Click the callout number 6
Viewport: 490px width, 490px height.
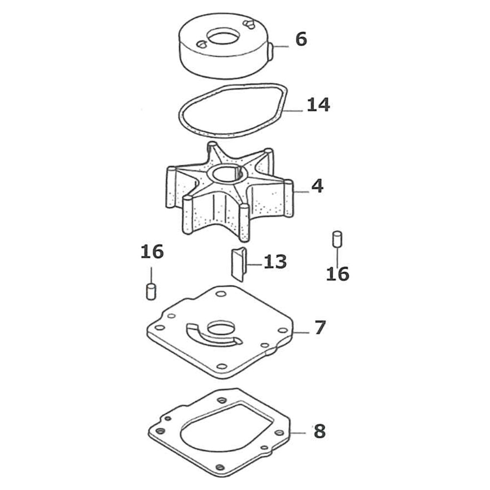[x=301, y=39]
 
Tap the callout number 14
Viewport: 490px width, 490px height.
[x=318, y=105]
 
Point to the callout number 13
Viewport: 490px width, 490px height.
[x=275, y=262]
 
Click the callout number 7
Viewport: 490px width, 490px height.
[x=319, y=327]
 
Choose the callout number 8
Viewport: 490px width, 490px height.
[x=319, y=431]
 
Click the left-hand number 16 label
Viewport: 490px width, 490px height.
[x=152, y=251]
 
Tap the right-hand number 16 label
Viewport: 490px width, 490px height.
[x=338, y=274]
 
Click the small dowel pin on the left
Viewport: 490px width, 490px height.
[x=151, y=291]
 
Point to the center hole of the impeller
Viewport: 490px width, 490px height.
[x=226, y=174]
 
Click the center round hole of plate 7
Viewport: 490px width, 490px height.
[x=220, y=328]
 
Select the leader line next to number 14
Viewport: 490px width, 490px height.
[x=292, y=111]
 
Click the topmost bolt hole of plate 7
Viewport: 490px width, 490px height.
[x=221, y=294]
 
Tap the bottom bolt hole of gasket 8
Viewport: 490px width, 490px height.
[x=220, y=467]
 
